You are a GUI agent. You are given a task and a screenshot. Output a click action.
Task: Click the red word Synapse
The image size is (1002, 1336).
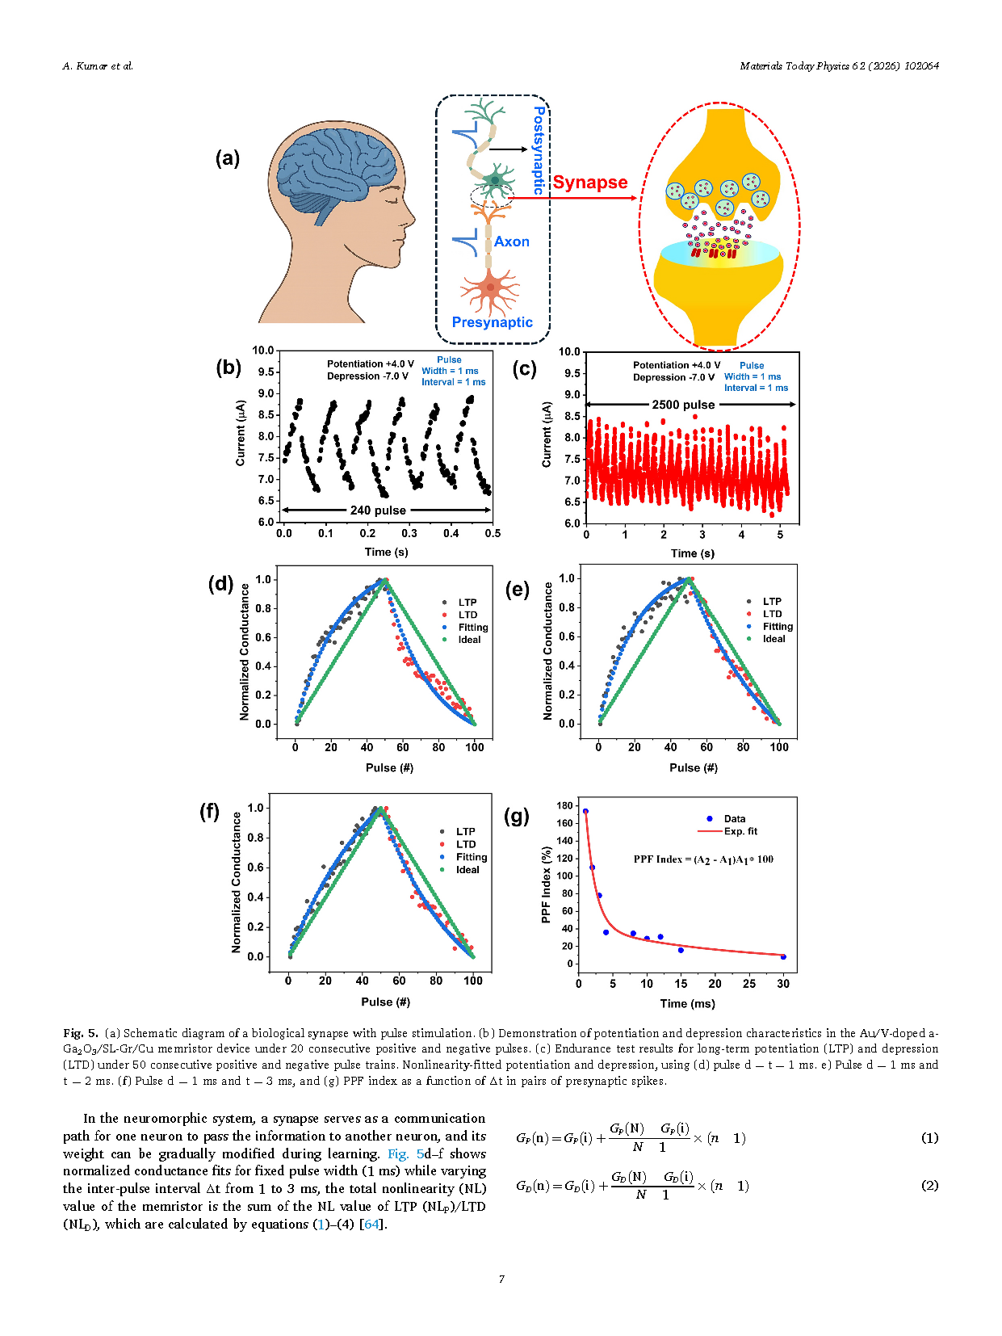coord(589,183)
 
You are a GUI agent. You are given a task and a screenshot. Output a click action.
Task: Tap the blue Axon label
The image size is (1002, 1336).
coord(512,242)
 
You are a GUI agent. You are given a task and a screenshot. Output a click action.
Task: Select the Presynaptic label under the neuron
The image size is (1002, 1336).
coord(492,322)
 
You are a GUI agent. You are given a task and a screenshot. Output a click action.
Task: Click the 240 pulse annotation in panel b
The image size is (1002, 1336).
coord(378,510)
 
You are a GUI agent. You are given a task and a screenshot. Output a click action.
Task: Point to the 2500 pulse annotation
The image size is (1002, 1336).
coord(683,405)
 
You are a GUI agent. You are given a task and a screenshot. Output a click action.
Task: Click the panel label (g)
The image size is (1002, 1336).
coord(517,816)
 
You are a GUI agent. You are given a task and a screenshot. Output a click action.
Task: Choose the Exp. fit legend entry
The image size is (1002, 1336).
coord(740,831)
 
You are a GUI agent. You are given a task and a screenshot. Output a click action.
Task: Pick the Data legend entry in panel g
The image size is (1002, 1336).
coord(734,819)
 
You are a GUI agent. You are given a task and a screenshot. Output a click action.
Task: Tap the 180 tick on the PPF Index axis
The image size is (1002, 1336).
coord(564,806)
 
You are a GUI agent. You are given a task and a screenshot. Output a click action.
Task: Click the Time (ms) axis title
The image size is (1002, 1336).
coord(687,1003)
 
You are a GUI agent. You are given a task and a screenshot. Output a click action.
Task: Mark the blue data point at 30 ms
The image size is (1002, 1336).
coord(783,957)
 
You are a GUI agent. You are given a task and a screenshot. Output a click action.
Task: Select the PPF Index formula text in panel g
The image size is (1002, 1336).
coord(703,859)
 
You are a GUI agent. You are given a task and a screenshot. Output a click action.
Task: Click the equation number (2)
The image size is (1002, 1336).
coord(929,1186)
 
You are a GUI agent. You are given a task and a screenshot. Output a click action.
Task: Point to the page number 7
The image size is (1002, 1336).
coord(501,1279)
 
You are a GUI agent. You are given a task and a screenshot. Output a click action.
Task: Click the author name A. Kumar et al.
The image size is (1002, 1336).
coord(98,66)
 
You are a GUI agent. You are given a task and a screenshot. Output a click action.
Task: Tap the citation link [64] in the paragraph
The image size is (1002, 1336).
coord(371,1224)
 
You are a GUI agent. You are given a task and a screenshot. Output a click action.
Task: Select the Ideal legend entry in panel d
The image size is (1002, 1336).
coord(469,640)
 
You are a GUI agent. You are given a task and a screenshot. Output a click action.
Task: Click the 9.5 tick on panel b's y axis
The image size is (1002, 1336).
coord(266,372)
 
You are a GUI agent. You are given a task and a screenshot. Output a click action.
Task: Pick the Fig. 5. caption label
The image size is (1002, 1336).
coord(81,1033)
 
